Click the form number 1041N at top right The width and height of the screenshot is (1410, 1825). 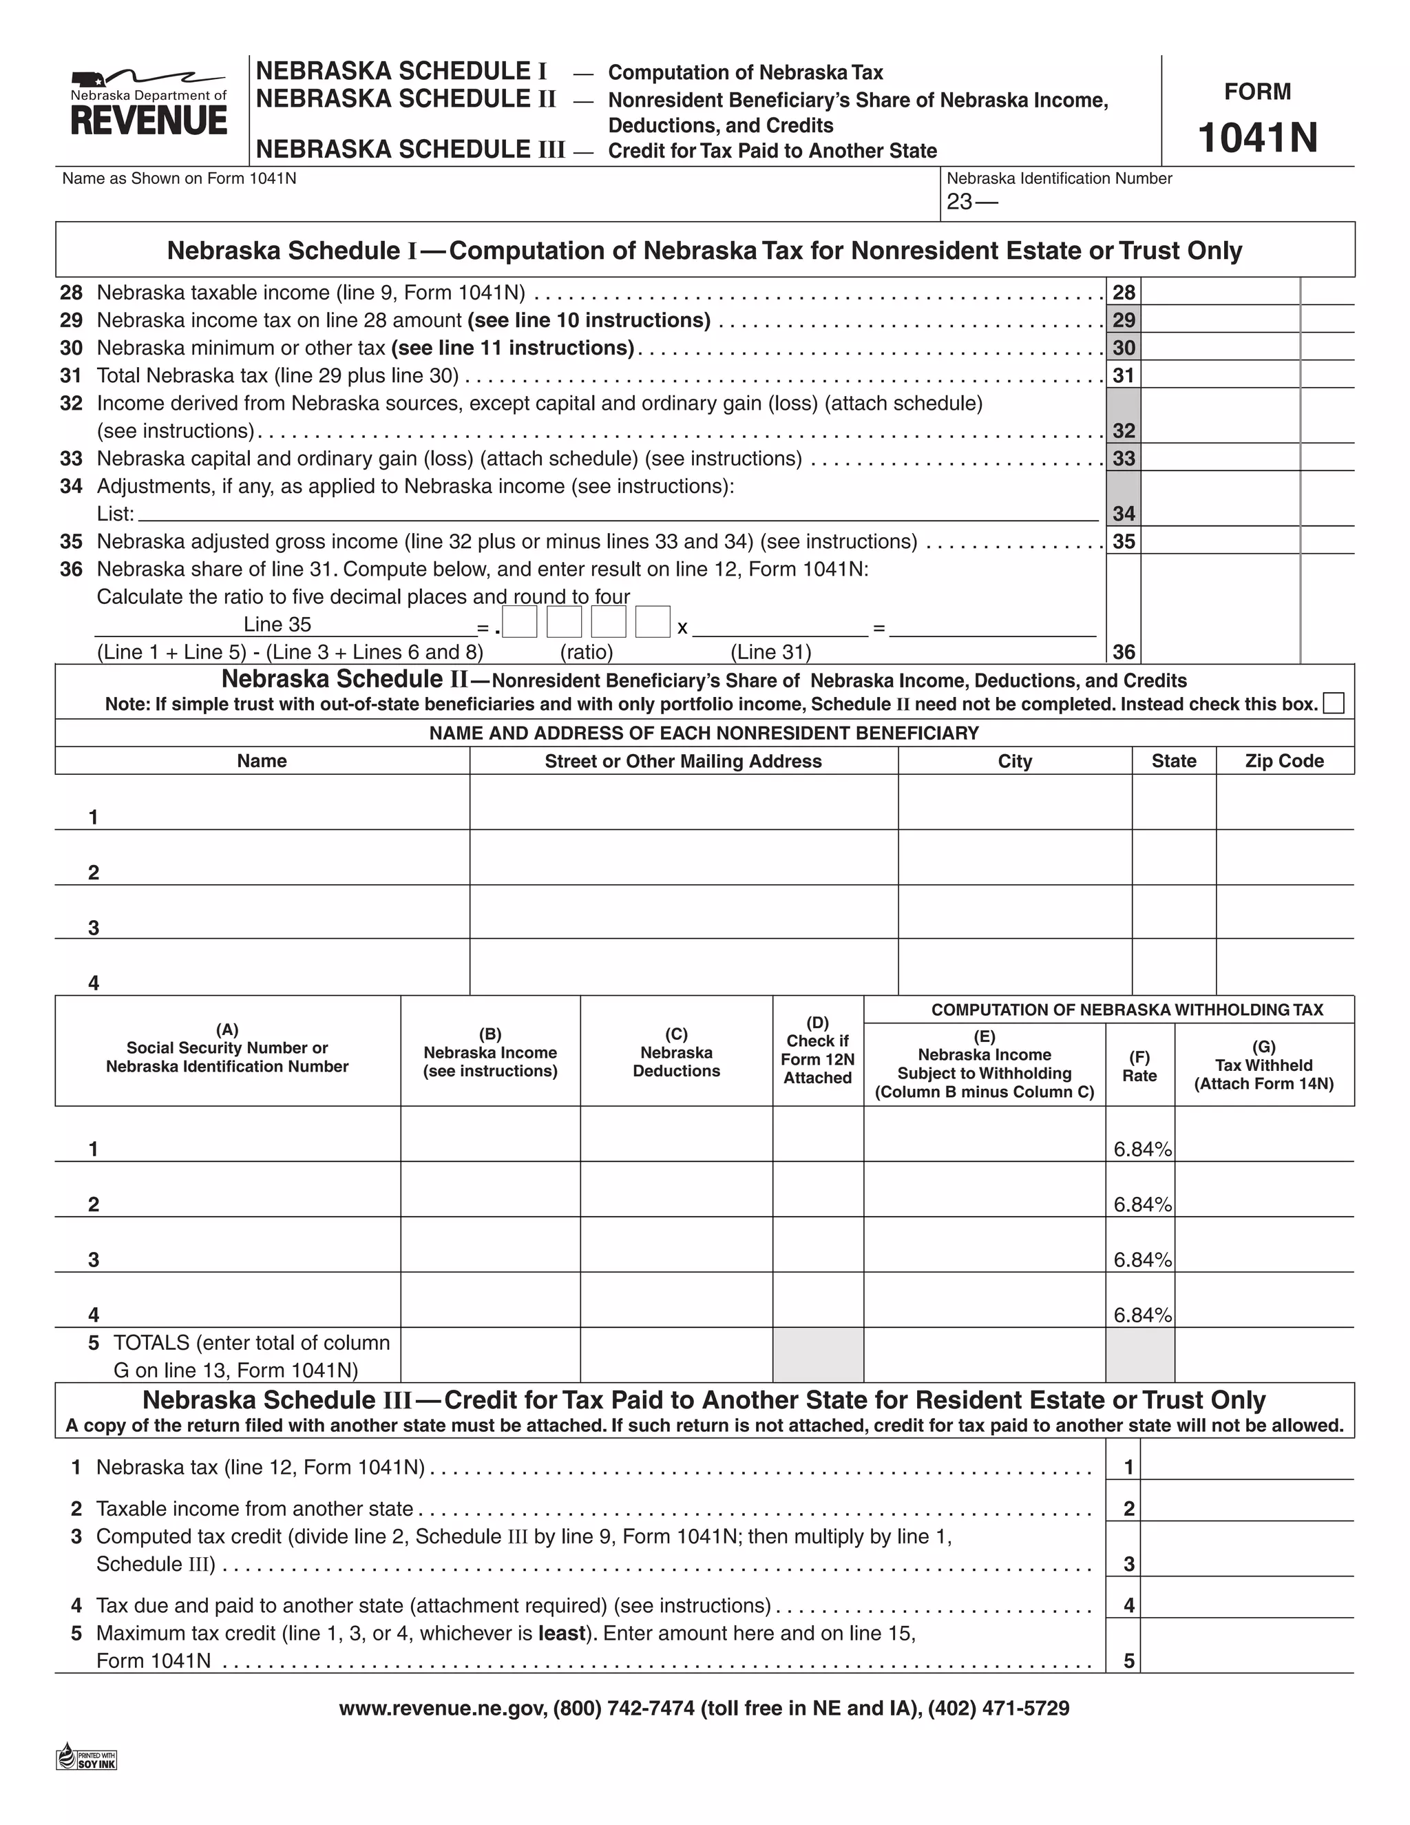(1257, 138)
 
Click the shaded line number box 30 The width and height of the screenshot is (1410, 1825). (1124, 348)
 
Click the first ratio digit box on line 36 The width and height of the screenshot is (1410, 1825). (520, 623)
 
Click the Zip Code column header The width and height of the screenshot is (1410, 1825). (1284, 761)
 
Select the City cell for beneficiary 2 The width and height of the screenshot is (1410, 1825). (1014, 858)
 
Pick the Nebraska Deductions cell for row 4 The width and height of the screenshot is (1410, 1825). (676, 1300)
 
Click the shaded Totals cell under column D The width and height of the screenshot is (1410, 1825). (818, 1355)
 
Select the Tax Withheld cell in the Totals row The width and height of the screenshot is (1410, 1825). (1264, 1355)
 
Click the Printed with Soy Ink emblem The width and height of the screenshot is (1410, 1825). (87, 1758)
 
